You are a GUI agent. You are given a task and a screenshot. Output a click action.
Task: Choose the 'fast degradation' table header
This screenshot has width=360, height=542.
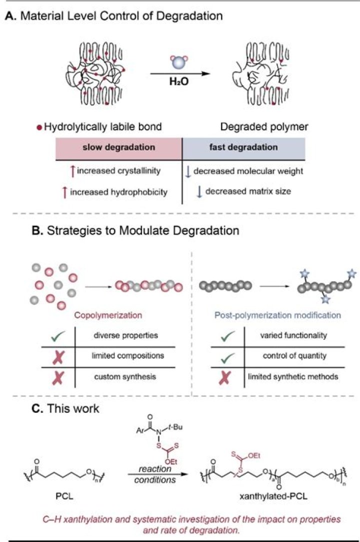244,148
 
